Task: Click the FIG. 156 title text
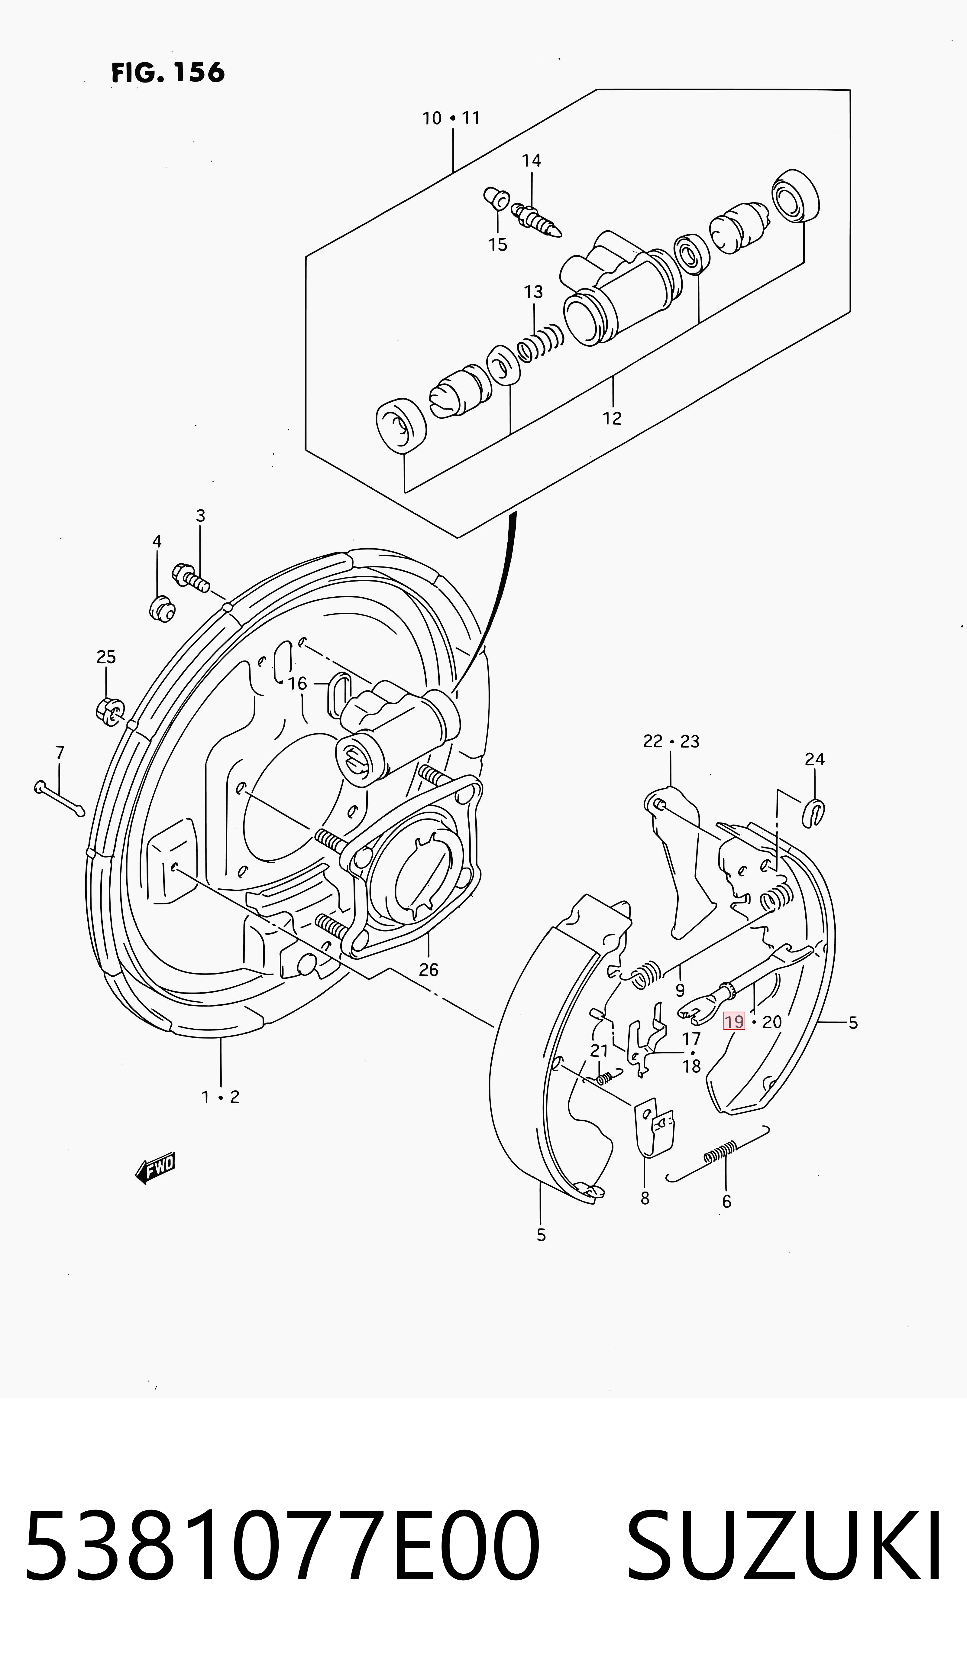coord(168,72)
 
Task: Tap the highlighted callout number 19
coord(735,1021)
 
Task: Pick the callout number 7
coord(60,752)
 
